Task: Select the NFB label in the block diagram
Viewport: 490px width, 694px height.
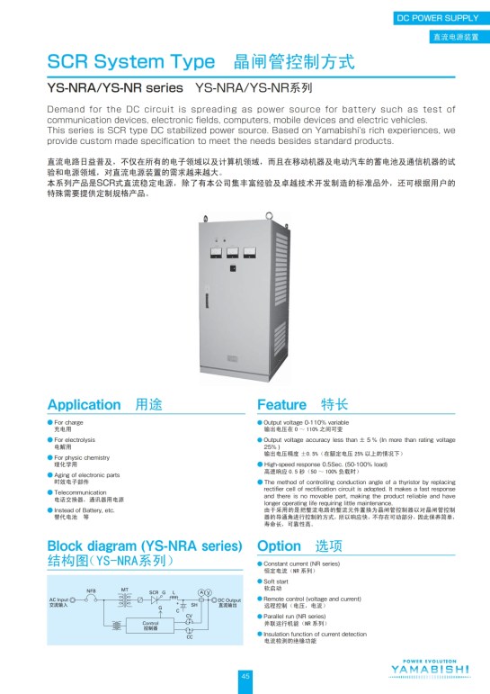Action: (91, 590)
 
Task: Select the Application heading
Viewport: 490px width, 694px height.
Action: (84, 404)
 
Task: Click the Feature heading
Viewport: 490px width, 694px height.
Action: (282, 404)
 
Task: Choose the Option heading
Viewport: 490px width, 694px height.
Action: (279, 546)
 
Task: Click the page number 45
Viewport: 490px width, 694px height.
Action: (245, 676)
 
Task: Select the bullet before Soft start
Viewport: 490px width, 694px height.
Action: (260, 581)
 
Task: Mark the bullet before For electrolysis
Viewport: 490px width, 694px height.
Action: (50, 439)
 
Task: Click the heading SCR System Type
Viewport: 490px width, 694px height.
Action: (130, 62)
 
